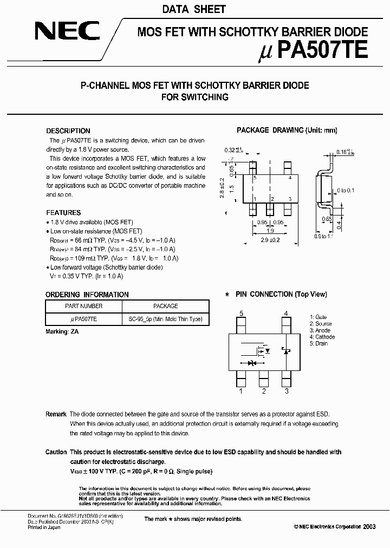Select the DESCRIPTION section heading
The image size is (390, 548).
pyautogui.click(x=68, y=131)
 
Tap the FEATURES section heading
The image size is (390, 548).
pyautogui.click(x=63, y=213)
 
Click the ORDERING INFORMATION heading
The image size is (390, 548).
pyautogui.click(x=87, y=295)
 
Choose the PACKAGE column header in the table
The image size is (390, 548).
pyautogui.click(x=165, y=306)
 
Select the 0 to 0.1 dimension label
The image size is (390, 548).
pyautogui.click(x=345, y=191)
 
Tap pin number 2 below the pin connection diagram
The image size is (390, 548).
pyautogui.click(x=263, y=391)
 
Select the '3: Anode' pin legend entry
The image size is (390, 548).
pyautogui.click(x=320, y=330)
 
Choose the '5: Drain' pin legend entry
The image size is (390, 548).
pyautogui.click(x=318, y=343)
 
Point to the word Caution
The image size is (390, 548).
pyautogui.click(x=56, y=452)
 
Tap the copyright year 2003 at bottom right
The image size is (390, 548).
pyautogui.click(x=369, y=527)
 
